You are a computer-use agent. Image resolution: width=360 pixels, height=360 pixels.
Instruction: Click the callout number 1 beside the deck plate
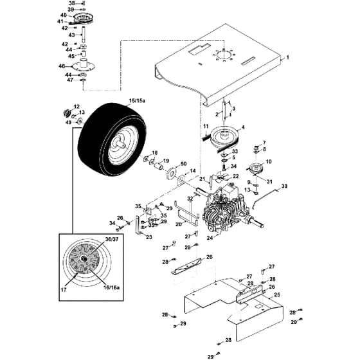pos(288,57)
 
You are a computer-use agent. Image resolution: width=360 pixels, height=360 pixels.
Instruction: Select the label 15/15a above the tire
pos(137,100)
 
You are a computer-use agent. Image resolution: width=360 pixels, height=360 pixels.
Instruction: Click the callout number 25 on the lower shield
pos(277,294)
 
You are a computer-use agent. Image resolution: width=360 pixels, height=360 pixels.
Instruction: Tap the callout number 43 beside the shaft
pos(71,35)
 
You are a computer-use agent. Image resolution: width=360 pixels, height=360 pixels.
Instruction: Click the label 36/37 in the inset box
pos(112,239)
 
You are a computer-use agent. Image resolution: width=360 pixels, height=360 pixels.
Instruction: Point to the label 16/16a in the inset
pos(112,287)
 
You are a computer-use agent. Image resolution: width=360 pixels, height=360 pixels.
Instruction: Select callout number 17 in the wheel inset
pos(64,290)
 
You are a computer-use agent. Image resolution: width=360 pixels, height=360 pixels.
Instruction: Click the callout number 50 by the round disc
pos(184,164)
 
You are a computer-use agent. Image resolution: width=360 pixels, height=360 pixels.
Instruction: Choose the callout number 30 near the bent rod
pos(284,186)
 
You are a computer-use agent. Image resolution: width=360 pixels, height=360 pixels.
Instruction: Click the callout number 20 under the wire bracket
pos(179,224)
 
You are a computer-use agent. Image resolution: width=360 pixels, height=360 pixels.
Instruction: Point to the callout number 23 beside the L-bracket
pos(149,237)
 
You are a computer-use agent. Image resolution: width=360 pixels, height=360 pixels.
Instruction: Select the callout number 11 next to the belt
pos(206,126)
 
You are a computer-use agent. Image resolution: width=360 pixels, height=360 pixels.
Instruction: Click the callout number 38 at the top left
pos(72,3)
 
